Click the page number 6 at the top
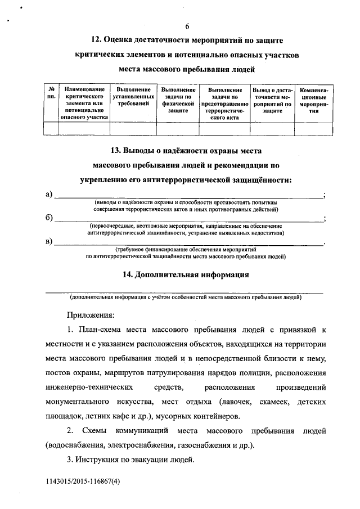click(x=187, y=27)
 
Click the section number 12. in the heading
click(x=97, y=41)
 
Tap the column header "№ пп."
click(x=51, y=93)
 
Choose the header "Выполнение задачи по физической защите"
click(x=178, y=100)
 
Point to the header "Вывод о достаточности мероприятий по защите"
click(x=272, y=100)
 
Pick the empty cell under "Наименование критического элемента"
click(x=84, y=129)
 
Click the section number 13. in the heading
click(x=116, y=151)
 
